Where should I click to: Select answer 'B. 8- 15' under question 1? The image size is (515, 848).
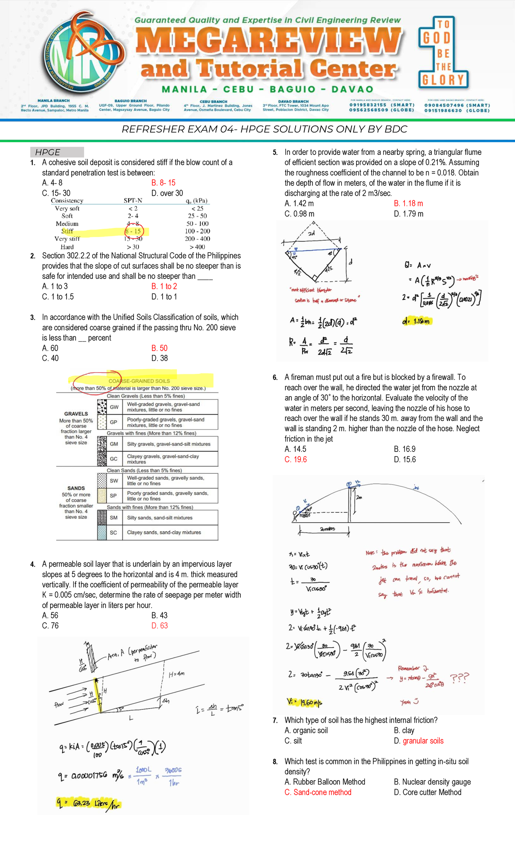[163, 183]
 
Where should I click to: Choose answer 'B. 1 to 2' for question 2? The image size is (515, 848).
[164, 286]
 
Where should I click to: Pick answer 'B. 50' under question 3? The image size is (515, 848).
[159, 348]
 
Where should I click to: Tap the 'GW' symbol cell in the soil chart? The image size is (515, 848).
[114, 407]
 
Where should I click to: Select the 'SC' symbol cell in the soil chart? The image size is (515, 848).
[113, 533]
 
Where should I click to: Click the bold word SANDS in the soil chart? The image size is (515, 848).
[76, 488]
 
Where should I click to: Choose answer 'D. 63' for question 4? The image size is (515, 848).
[159, 626]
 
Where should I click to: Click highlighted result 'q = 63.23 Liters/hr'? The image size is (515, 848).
[88, 803]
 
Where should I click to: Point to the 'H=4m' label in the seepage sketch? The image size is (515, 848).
[176, 674]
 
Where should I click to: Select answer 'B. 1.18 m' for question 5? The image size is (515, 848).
[408, 203]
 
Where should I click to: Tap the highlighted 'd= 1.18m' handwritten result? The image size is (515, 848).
[417, 321]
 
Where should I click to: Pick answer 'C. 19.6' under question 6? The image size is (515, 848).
[296, 460]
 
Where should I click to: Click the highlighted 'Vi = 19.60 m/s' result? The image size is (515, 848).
[304, 702]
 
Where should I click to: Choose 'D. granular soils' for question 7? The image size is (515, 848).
[418, 741]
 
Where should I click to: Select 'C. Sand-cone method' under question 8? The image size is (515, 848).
[318, 792]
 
